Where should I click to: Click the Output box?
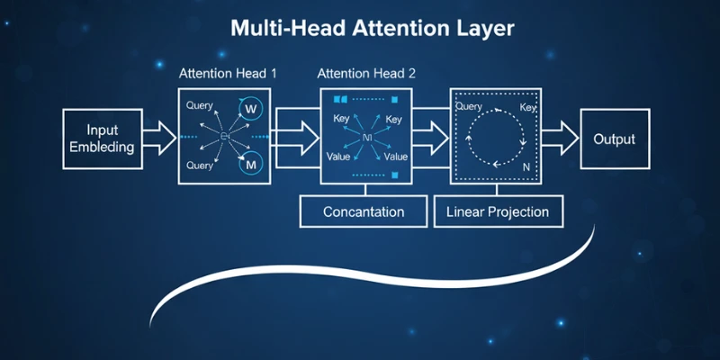tap(614, 139)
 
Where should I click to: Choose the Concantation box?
tap(364, 212)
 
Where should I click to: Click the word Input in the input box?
tap(103, 130)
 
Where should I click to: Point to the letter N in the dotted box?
tap(528, 166)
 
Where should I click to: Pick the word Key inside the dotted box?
tap(528, 107)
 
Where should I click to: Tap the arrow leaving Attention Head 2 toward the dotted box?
tap(431, 137)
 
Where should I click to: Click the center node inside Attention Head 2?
tap(366, 137)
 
